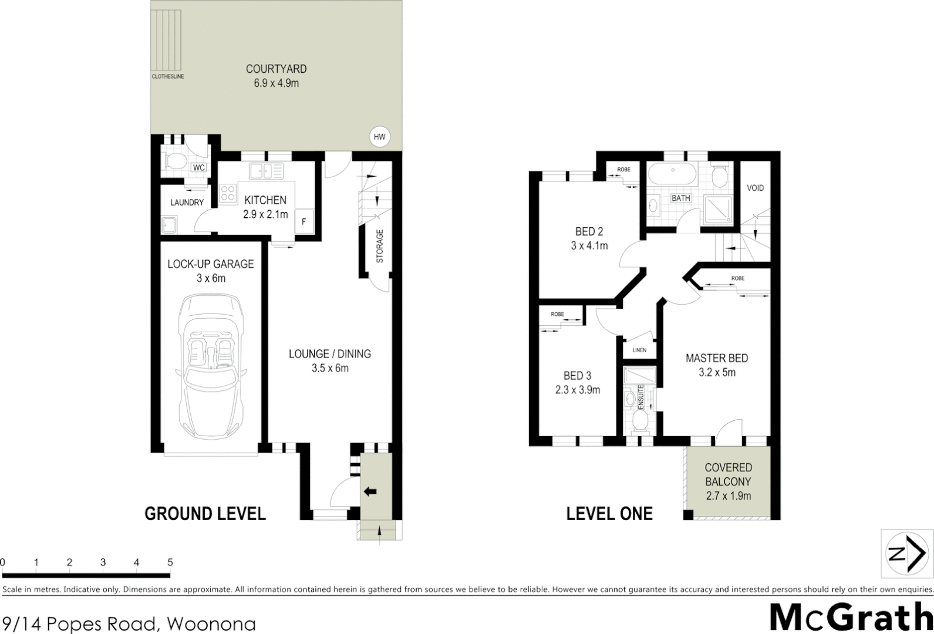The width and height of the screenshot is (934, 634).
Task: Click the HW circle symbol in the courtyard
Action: (379, 137)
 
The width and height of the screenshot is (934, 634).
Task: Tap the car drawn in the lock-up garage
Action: (210, 366)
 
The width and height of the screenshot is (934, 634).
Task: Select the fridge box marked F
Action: (304, 221)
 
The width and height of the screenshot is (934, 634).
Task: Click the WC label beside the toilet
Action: (199, 167)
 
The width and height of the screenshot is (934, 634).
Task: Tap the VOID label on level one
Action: (755, 188)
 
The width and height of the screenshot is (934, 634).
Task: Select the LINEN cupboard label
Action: (639, 350)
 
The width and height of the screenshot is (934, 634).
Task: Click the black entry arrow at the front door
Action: (370, 491)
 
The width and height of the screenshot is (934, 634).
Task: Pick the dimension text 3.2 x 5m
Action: (717, 372)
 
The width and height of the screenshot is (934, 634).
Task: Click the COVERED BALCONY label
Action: (728, 474)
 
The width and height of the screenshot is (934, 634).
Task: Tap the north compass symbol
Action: (907, 554)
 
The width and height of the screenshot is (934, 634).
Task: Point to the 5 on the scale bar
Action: (170, 562)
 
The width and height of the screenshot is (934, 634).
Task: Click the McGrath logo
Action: (851, 617)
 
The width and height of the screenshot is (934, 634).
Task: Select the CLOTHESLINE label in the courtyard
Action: (168, 76)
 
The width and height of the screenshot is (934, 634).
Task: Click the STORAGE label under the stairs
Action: (380, 245)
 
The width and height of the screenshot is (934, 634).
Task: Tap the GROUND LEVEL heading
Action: (205, 514)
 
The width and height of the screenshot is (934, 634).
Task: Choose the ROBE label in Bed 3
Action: (557, 314)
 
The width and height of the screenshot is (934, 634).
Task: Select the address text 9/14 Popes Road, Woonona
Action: (129, 623)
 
